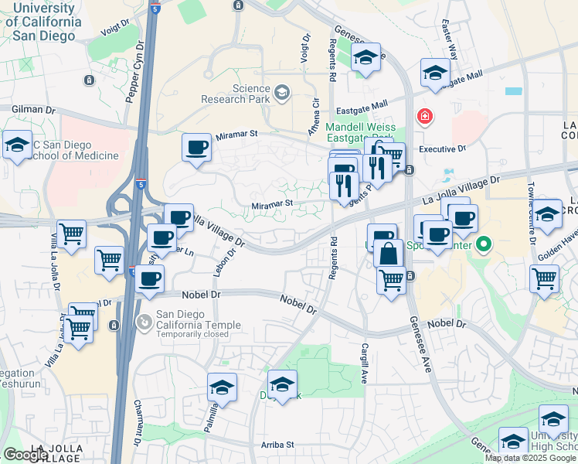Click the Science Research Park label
[x=235, y=94]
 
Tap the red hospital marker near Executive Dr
[x=424, y=118]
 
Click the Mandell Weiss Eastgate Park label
[x=360, y=133]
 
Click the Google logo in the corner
[x=25, y=455]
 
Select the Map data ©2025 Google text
[x=530, y=458]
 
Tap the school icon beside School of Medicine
[x=16, y=145]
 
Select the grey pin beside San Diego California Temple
[x=143, y=320]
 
